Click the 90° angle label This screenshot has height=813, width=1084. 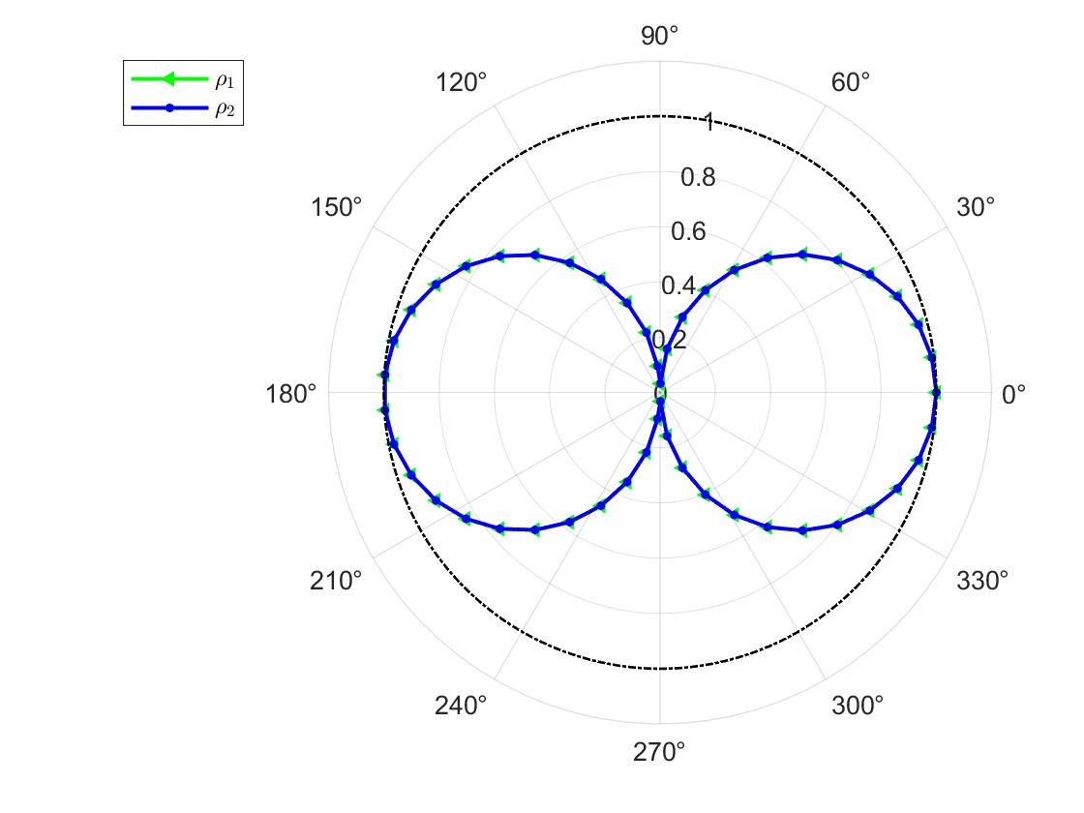pyautogui.click(x=659, y=36)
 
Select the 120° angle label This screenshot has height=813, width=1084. pyautogui.click(x=461, y=83)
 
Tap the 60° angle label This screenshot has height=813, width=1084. pyautogui.click(x=851, y=83)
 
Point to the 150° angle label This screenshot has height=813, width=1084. pyautogui.click(x=336, y=207)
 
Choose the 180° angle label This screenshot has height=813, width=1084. pyautogui.click(x=291, y=395)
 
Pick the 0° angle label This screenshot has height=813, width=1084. pyautogui.click(x=1013, y=395)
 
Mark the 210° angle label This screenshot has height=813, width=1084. pyautogui.click(x=336, y=582)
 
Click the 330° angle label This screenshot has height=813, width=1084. pyautogui.click(x=982, y=582)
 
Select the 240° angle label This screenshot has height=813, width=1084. pyautogui.click(x=461, y=706)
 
